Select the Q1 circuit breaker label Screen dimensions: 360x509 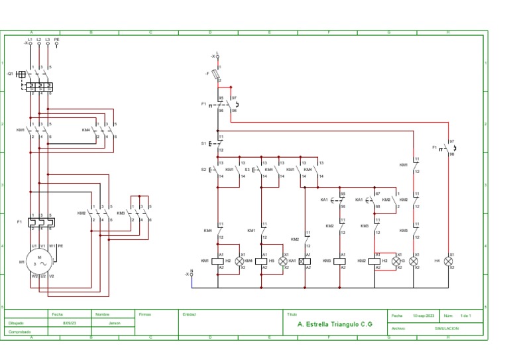[x=10, y=74]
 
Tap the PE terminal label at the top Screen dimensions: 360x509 [x=56, y=40]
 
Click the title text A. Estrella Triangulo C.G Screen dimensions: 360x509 [x=335, y=325]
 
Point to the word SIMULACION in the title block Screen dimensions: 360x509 [x=446, y=328]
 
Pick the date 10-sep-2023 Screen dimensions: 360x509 [x=424, y=316]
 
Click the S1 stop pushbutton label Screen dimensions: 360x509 [x=203, y=143]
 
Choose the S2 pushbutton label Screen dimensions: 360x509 [x=203, y=170]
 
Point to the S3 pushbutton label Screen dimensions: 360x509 [x=247, y=170]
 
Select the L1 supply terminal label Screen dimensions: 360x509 [x=30, y=40]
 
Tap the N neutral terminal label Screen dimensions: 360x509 [x=192, y=270]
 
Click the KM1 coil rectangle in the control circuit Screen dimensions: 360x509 [x=221, y=261]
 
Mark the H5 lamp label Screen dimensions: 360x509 [x=272, y=261]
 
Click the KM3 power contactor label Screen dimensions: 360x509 [x=121, y=213]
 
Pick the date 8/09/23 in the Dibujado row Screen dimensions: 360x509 [x=69, y=323]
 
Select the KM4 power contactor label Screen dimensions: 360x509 [x=86, y=130]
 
